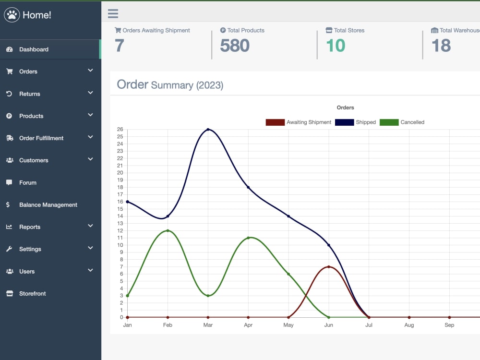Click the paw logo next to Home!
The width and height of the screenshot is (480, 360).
pyautogui.click(x=12, y=15)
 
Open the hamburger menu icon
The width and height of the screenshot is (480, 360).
pyautogui.click(x=113, y=13)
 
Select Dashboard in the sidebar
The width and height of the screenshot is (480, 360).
pyautogui.click(x=34, y=49)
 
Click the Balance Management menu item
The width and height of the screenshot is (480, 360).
pyautogui.click(x=48, y=205)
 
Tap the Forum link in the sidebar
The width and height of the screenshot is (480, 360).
pyautogui.click(x=27, y=183)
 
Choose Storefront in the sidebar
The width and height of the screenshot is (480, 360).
pyautogui.click(x=33, y=294)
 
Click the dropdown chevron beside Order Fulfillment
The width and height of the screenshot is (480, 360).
pyautogui.click(x=90, y=137)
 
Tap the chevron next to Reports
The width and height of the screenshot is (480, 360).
pyautogui.click(x=90, y=226)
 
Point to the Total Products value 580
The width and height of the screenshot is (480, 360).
pyautogui.click(x=235, y=46)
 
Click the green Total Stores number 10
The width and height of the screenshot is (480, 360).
pyautogui.click(x=336, y=46)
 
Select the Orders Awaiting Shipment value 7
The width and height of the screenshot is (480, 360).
pyautogui.click(x=120, y=46)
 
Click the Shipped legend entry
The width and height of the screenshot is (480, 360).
pyautogui.click(x=355, y=122)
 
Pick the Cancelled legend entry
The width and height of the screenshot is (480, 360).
pyautogui.click(x=402, y=122)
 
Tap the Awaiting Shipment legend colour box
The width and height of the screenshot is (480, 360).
pyautogui.click(x=275, y=122)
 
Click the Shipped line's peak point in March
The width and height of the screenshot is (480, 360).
pyautogui.click(x=208, y=130)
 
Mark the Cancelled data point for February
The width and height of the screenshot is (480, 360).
pyautogui.click(x=168, y=230)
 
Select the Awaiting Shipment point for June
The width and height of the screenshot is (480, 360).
pyautogui.click(x=329, y=266)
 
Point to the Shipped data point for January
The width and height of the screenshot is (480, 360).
pyautogui.click(x=128, y=202)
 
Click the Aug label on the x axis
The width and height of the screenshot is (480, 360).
pyautogui.click(x=409, y=325)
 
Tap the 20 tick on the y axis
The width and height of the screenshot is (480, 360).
pyautogui.click(x=120, y=173)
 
